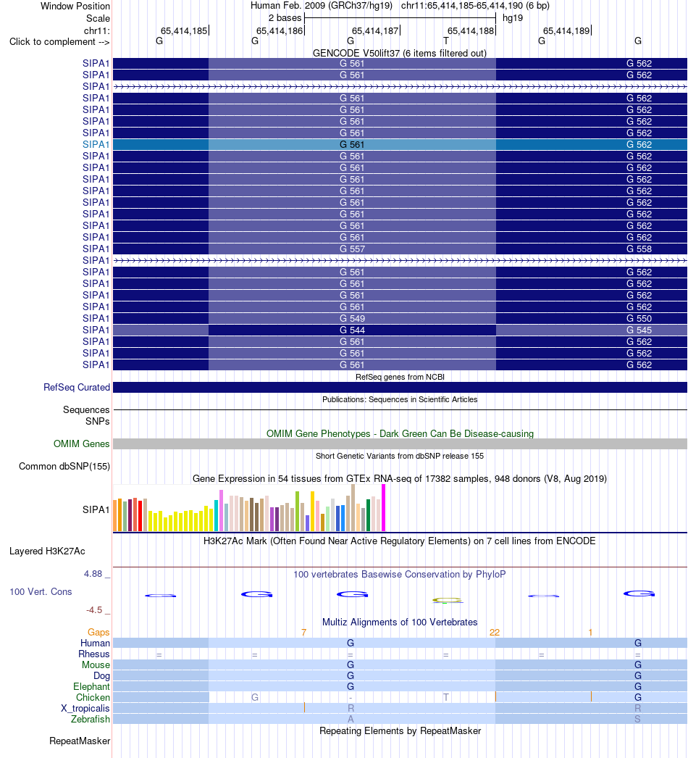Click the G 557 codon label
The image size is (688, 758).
coord(352,249)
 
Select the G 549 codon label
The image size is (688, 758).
coord(352,319)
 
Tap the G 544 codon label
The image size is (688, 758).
coord(352,330)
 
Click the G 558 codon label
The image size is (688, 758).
coord(639,249)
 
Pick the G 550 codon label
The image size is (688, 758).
coord(639,319)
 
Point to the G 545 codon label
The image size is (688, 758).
coord(639,330)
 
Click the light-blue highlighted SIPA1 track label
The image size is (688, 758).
coord(96,144)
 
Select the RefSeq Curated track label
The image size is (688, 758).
coord(77,387)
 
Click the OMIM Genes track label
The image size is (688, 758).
coord(82,443)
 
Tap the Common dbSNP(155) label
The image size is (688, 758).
coord(64,467)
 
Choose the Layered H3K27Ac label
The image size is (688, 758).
coord(47,551)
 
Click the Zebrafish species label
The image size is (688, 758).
coord(91,720)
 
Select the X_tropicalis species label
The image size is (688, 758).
coord(85,709)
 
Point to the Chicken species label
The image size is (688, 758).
coord(93,698)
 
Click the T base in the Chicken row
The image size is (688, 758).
coord(446,698)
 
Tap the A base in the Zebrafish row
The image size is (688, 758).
coord(351,720)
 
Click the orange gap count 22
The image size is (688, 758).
coord(494,633)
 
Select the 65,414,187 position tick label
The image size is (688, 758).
coord(375,31)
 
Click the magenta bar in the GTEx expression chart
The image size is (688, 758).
coord(384,508)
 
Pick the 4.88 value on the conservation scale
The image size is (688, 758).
coord(93,574)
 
